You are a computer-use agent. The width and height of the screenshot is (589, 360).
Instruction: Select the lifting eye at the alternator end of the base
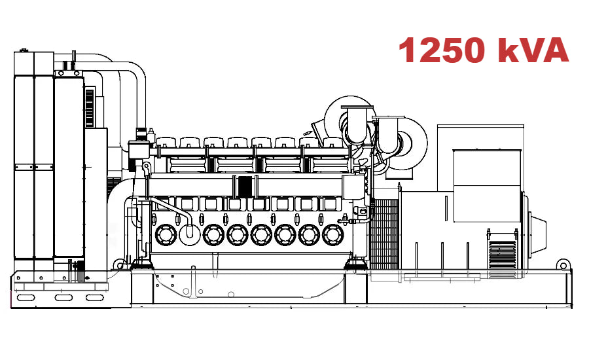562,264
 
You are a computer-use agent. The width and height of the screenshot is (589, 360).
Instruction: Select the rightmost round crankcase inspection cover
333,234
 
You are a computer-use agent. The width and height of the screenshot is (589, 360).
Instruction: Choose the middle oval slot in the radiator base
63,298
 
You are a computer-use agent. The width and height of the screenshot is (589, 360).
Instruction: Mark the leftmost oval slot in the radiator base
26,298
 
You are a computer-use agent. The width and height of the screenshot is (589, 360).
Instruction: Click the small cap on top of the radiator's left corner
24,51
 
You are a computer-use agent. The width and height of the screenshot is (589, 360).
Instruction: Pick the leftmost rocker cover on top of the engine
166,143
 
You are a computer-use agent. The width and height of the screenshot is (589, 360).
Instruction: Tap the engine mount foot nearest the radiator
141,264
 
